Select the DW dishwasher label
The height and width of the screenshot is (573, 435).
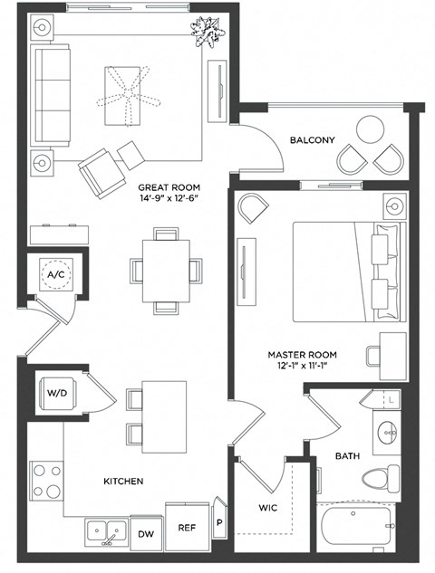click(145, 535)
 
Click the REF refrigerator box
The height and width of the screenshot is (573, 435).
click(187, 526)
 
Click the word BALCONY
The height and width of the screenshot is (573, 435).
click(313, 140)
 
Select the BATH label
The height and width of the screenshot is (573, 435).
click(348, 456)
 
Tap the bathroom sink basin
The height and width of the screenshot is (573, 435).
click(388, 432)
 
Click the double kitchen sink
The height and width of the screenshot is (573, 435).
click(108, 531)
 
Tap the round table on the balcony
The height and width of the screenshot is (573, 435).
click(372, 129)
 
